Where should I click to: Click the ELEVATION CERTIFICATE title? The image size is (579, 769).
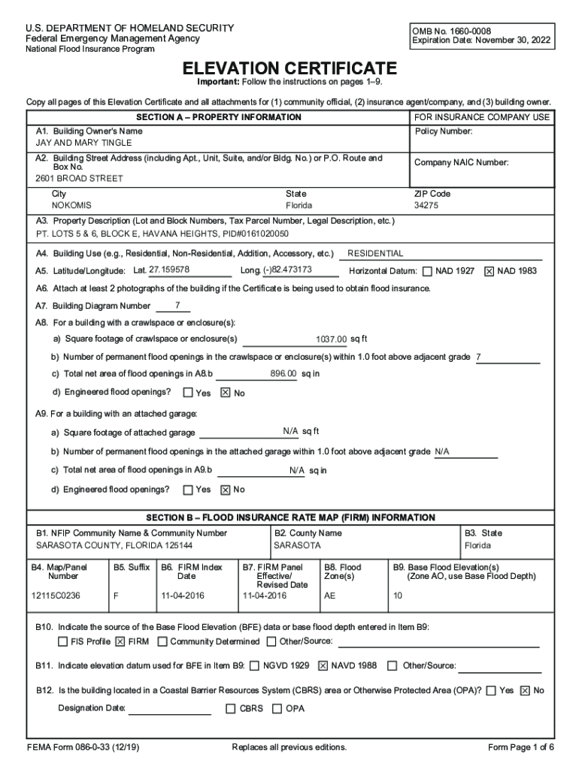[x=289, y=68]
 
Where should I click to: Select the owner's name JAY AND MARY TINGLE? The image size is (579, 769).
[x=83, y=143]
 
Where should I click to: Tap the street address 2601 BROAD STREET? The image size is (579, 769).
[x=79, y=179]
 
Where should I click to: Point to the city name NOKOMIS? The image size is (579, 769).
[x=71, y=205]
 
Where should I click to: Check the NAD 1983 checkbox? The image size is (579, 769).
[x=489, y=271]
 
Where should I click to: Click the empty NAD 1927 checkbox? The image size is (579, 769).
[x=427, y=271]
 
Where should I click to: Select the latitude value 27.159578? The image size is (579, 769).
[x=169, y=270]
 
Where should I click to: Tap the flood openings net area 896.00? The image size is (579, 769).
[x=283, y=373]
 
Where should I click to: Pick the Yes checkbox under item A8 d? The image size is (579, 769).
[x=188, y=392]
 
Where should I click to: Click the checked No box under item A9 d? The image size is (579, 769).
[x=225, y=490]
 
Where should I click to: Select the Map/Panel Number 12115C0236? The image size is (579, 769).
[x=56, y=596]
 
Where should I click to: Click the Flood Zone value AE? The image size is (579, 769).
[x=329, y=596]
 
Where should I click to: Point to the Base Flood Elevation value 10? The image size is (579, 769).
[x=398, y=596]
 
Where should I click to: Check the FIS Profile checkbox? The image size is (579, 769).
[x=63, y=641]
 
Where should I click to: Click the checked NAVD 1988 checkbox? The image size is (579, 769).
[x=323, y=665]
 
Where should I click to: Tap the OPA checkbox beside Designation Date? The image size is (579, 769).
[x=277, y=708]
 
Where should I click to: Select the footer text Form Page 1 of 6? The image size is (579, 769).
[x=521, y=747]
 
